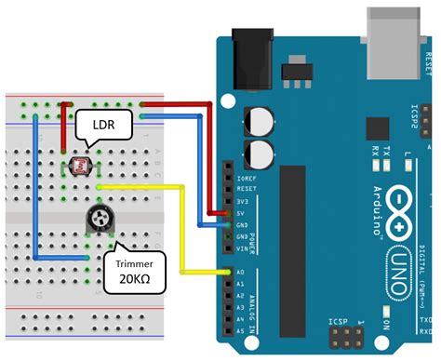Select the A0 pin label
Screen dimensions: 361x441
240,273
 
